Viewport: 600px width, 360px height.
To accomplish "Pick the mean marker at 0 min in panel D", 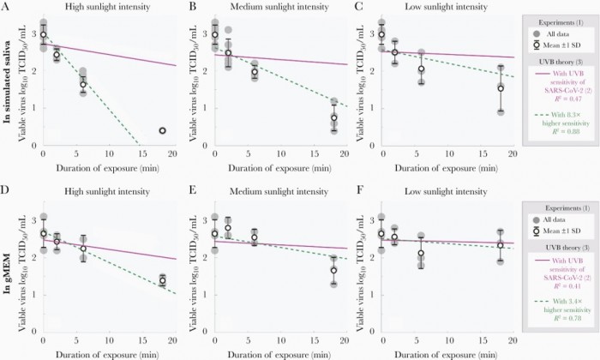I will [44, 233].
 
